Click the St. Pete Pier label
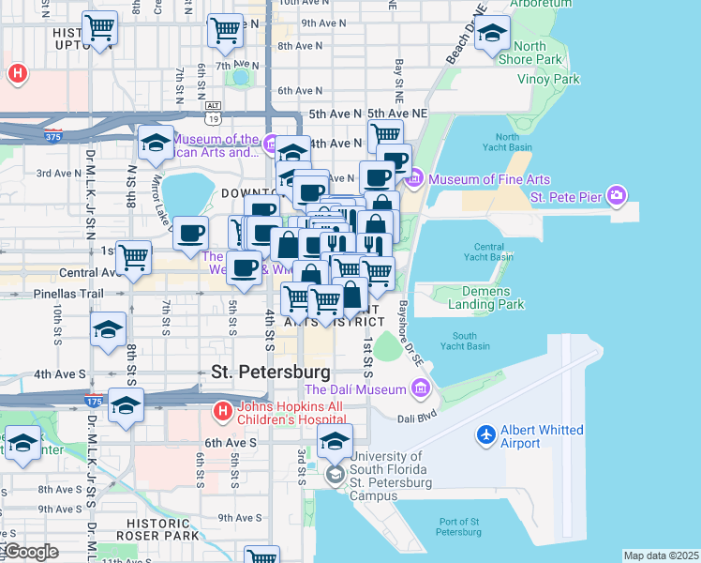568,197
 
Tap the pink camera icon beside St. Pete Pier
617,196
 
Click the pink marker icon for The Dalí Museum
419,388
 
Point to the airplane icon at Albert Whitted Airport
485,435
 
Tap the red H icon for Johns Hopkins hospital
222,411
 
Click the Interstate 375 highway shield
52,136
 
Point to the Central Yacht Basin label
489,251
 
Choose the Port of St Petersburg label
472,527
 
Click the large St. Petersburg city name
264,372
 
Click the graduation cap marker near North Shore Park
492,35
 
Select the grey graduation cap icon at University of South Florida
335,477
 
